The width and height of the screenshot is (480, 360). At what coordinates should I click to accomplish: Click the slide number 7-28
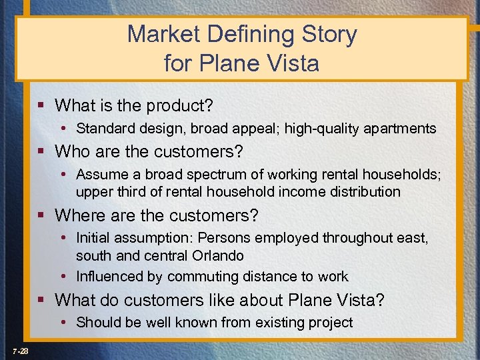click(x=19, y=351)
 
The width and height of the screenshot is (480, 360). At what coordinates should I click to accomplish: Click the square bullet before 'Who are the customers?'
click(x=42, y=152)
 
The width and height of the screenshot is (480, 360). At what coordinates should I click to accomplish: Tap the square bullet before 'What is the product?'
click(x=42, y=105)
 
